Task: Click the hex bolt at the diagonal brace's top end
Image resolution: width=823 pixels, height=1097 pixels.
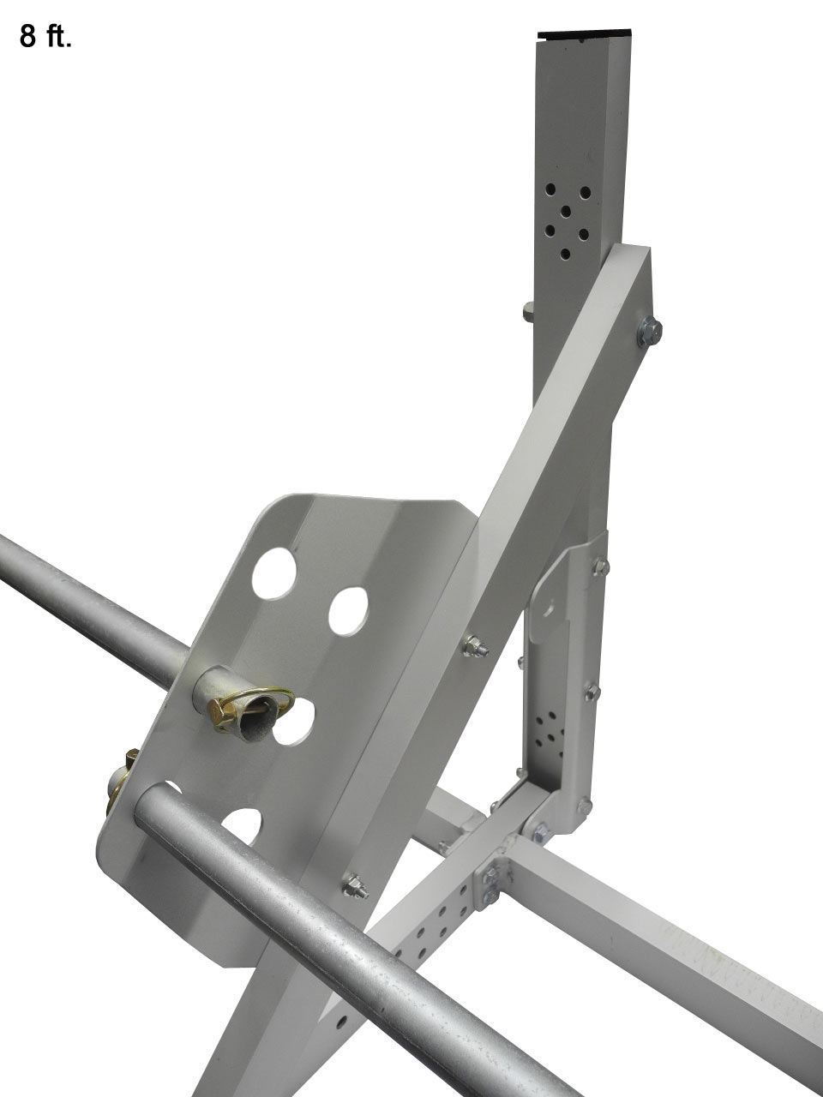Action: [648, 330]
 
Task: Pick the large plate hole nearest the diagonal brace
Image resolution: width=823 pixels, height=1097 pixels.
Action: [348, 611]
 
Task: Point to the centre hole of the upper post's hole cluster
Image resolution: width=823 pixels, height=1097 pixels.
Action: [567, 211]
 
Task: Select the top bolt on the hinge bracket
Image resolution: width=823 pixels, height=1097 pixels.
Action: [599, 566]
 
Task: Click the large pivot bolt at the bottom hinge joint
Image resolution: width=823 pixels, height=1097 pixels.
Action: [541, 830]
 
